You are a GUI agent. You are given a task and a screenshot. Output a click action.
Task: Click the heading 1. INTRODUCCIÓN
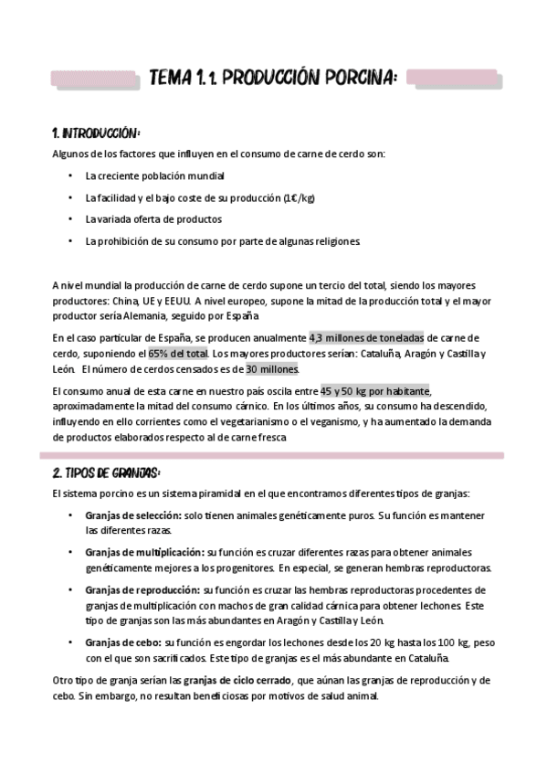[x=96, y=133]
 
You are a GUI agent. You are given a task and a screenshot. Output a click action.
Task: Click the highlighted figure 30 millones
[x=272, y=368]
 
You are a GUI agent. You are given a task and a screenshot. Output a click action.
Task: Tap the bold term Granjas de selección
[x=133, y=516]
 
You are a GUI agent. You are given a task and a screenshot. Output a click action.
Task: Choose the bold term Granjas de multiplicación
[x=145, y=553]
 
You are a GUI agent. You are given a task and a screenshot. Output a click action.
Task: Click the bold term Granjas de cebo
[x=123, y=643]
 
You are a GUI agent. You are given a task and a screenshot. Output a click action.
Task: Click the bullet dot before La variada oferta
[x=71, y=219]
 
